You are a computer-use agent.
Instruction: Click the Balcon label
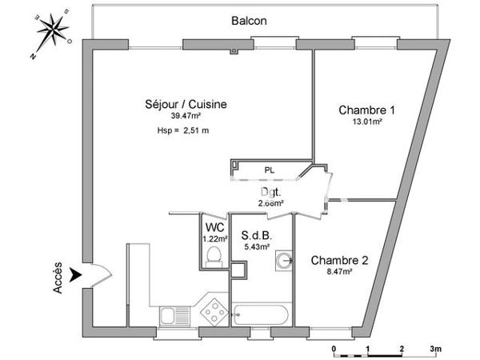tap(250, 21)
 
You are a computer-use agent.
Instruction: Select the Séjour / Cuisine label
tap(186, 104)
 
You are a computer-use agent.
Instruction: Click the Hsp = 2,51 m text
tap(183, 131)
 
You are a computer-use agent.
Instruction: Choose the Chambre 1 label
tap(367, 110)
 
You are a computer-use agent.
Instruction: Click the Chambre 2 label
tap(339, 259)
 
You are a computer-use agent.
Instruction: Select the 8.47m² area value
tap(339, 272)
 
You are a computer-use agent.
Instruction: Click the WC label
tap(214, 225)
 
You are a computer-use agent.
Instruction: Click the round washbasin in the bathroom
tap(284, 260)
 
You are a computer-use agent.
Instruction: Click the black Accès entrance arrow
tap(77, 274)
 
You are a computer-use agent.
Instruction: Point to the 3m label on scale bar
tap(435, 349)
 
